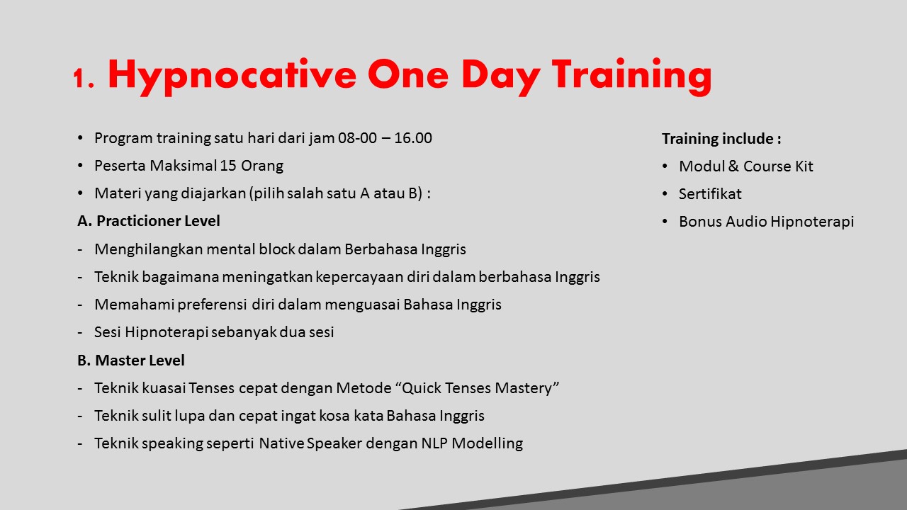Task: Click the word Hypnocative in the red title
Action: (232, 77)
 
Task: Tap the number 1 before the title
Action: (79, 78)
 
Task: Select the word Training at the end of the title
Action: (631, 77)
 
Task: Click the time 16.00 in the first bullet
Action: (413, 138)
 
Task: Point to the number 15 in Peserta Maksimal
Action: (228, 166)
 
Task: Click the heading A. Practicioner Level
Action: (149, 221)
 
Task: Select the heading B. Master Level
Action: (131, 361)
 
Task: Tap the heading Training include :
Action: (721, 139)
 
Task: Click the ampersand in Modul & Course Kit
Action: (733, 166)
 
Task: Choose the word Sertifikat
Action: (710, 194)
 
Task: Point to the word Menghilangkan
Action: (148, 249)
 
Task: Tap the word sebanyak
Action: (244, 332)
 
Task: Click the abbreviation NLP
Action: (434, 443)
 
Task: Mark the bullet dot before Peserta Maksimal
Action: (80, 166)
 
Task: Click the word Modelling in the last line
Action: (487, 443)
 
